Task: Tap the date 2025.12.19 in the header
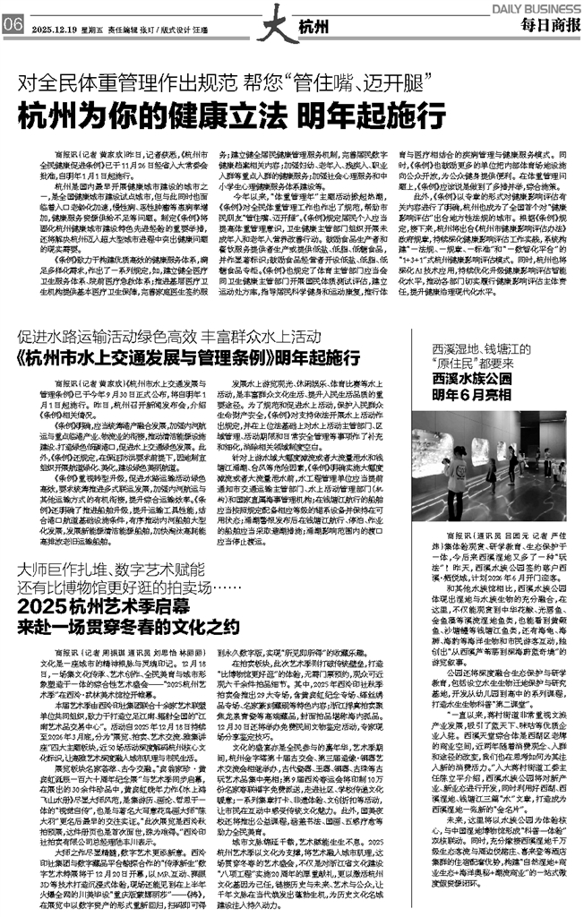point(54,27)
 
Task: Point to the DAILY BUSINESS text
point(545,6)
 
